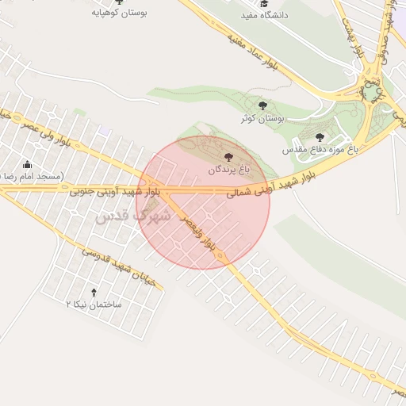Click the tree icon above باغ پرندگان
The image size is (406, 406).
tap(229, 158)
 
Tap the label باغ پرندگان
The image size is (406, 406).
tap(229, 170)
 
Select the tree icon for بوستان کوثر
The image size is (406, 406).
tap(262, 105)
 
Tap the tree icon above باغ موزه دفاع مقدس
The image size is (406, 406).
tap(320, 137)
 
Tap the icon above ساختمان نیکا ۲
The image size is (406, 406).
tap(94, 293)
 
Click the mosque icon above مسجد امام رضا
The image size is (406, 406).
tap(28, 164)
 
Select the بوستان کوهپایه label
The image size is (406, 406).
tap(120, 13)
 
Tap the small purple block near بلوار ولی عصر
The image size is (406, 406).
tap(105, 129)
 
